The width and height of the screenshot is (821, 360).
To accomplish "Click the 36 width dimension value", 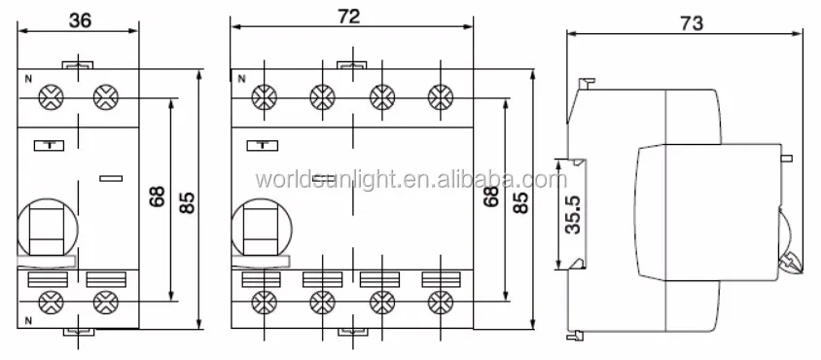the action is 80,20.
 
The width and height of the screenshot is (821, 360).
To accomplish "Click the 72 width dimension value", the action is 348,17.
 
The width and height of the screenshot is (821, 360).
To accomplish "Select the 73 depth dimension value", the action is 692,23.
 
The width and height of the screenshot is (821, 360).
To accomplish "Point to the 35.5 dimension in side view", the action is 573,215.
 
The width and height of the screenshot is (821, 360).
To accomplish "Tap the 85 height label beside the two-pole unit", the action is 187,202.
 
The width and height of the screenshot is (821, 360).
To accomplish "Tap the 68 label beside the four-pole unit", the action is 490,197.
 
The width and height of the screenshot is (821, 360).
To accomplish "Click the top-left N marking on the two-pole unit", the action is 28,80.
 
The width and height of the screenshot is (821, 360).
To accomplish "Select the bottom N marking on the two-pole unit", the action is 28,321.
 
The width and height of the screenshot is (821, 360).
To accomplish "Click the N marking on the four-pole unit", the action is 241,79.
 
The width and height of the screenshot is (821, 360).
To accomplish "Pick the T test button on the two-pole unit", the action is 50,146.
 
